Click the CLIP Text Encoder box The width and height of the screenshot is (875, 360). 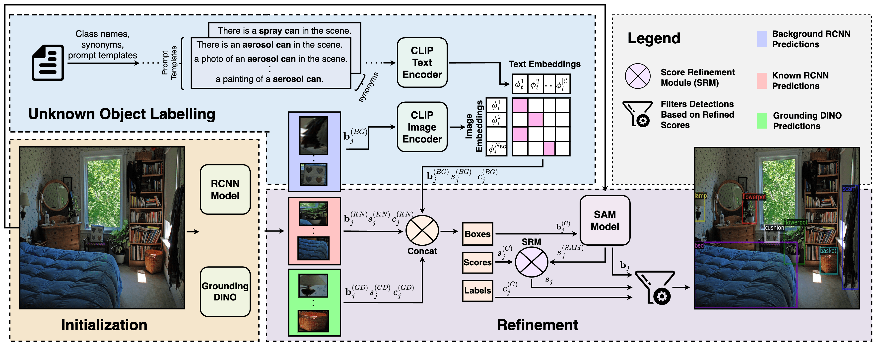pos(422,63)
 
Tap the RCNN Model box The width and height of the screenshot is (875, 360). pos(225,190)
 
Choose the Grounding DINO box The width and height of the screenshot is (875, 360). pos(225,291)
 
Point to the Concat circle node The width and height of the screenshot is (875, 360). pos(422,231)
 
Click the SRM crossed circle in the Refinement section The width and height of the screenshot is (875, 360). pos(531,262)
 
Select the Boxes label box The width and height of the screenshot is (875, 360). pos(477,234)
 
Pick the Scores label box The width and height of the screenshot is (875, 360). pos(477,262)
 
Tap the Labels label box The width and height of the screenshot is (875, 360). pos(477,290)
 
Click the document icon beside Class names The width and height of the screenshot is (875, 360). pos(48,63)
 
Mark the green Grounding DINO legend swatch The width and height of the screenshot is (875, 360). pos(762,121)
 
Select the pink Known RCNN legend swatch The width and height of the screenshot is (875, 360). pos(762,81)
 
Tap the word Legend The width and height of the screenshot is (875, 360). pos(654,38)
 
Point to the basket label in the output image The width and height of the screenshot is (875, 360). pos(828,251)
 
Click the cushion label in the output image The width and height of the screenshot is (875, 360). pos(774,227)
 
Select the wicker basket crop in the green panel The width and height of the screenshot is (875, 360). pos(313,321)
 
